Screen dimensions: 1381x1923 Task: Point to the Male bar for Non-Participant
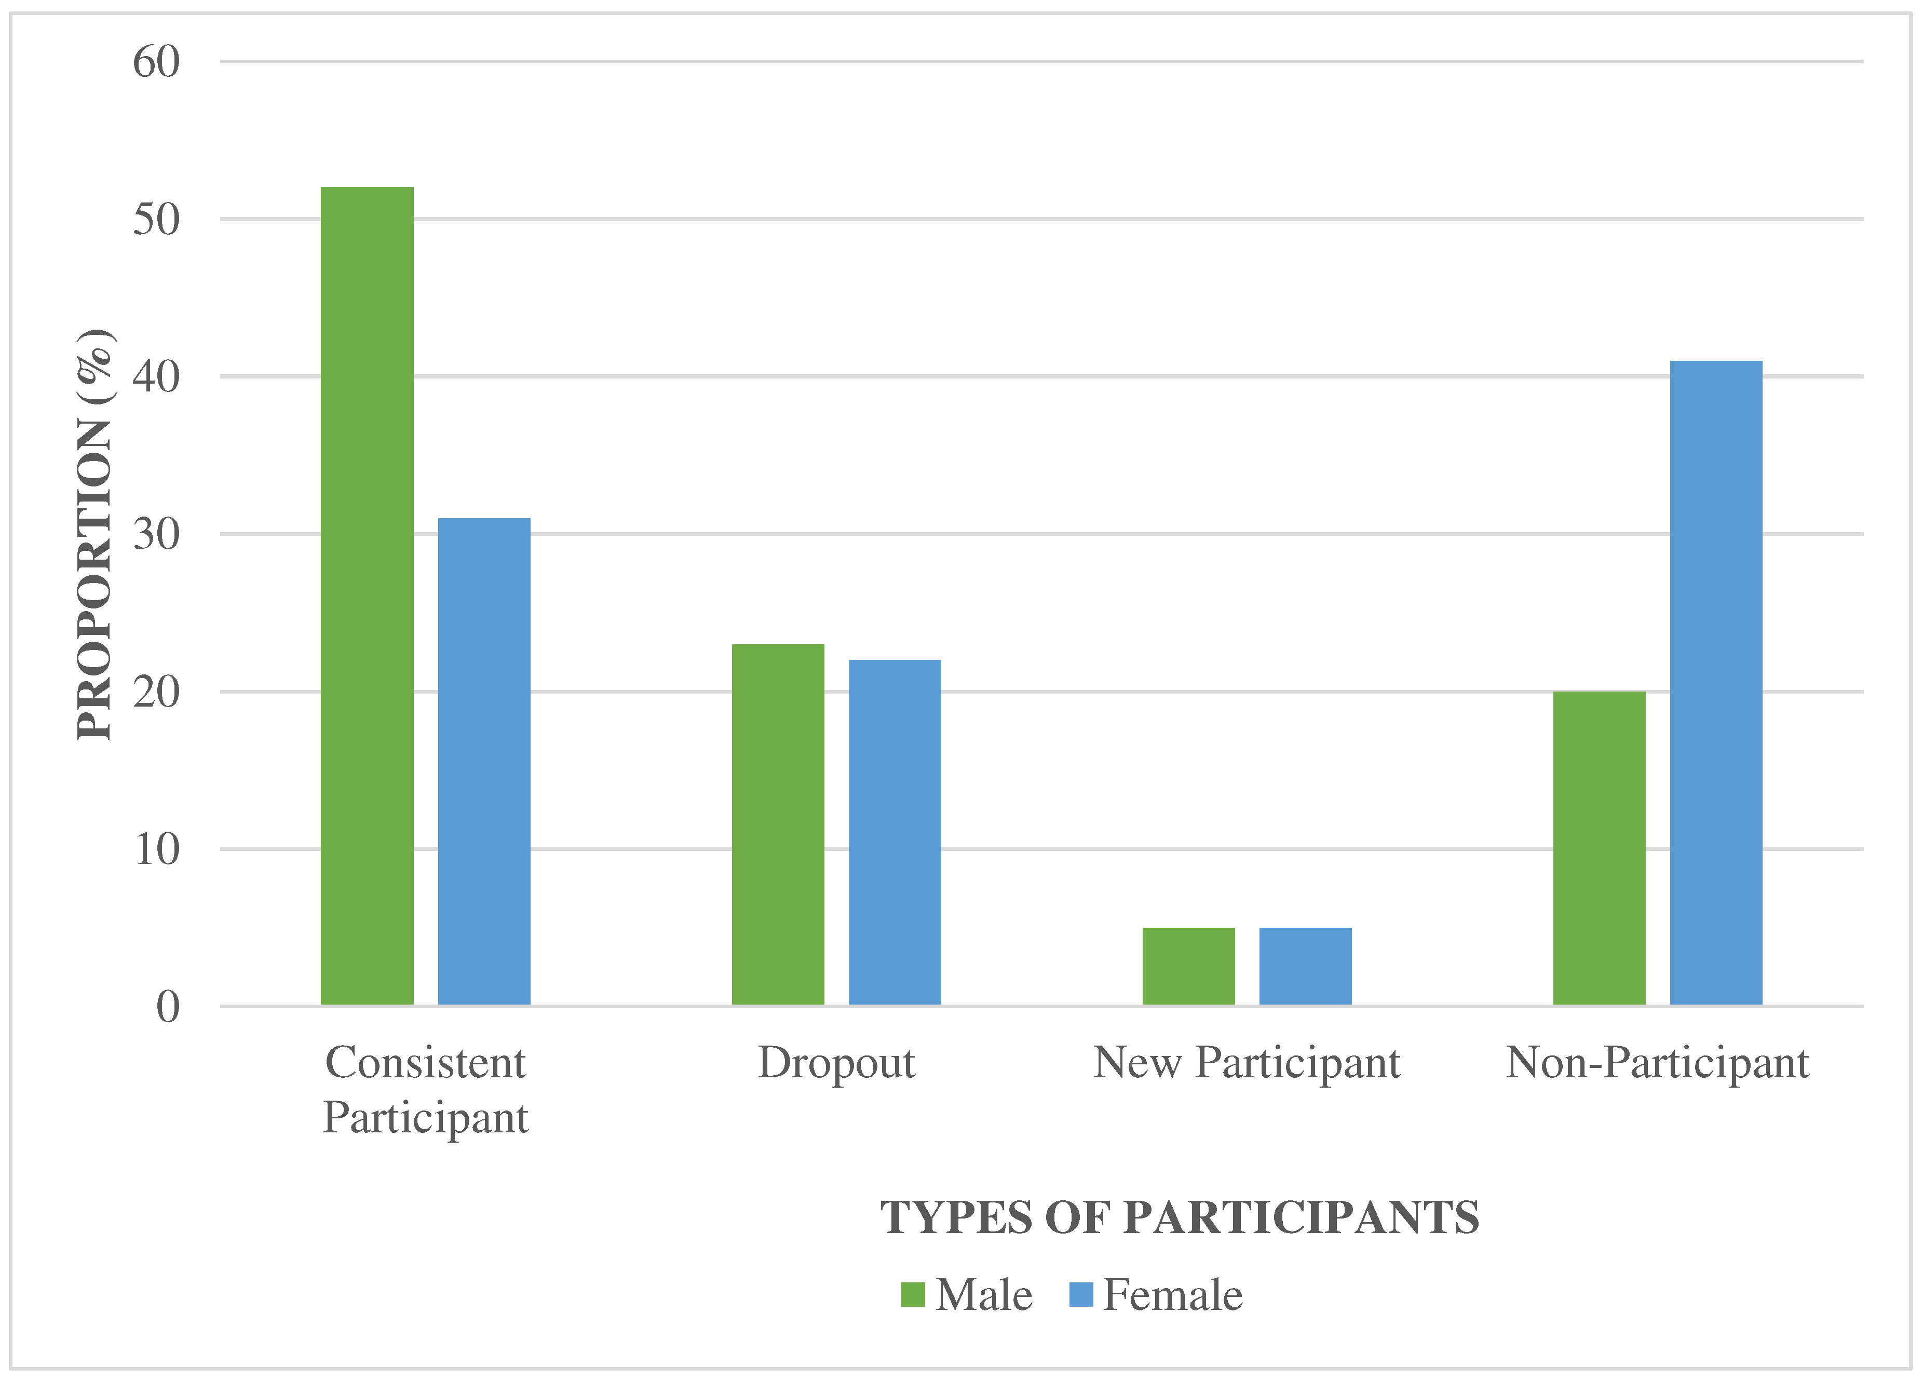[1599, 848]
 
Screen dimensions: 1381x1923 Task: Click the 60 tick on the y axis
[157, 62]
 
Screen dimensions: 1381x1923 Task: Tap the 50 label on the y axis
[157, 220]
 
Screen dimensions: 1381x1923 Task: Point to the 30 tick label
[157, 534]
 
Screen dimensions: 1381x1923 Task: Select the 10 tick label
[157, 849]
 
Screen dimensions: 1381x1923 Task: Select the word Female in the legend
[1173, 1294]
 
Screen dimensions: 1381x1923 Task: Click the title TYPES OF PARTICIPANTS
[1180, 1217]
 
